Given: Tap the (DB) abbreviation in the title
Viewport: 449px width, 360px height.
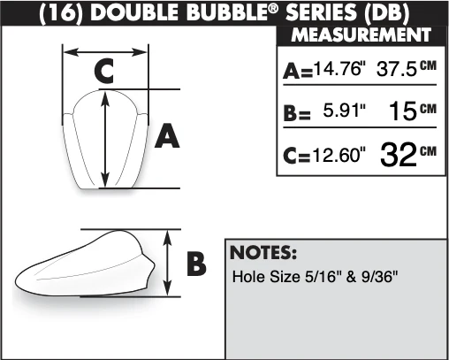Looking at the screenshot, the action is [x=386, y=13].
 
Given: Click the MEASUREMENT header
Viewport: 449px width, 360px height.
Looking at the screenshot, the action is [x=361, y=35].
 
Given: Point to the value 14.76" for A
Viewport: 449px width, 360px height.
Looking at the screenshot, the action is [x=338, y=70].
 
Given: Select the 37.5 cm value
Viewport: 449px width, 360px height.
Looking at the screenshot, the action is [x=407, y=69].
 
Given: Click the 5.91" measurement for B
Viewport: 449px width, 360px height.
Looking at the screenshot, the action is [x=345, y=110].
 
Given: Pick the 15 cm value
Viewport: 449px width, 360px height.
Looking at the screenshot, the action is [x=412, y=111].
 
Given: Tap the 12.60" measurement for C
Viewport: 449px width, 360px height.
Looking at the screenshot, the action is [x=339, y=155].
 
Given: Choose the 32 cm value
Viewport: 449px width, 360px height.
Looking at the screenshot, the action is [x=408, y=155].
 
